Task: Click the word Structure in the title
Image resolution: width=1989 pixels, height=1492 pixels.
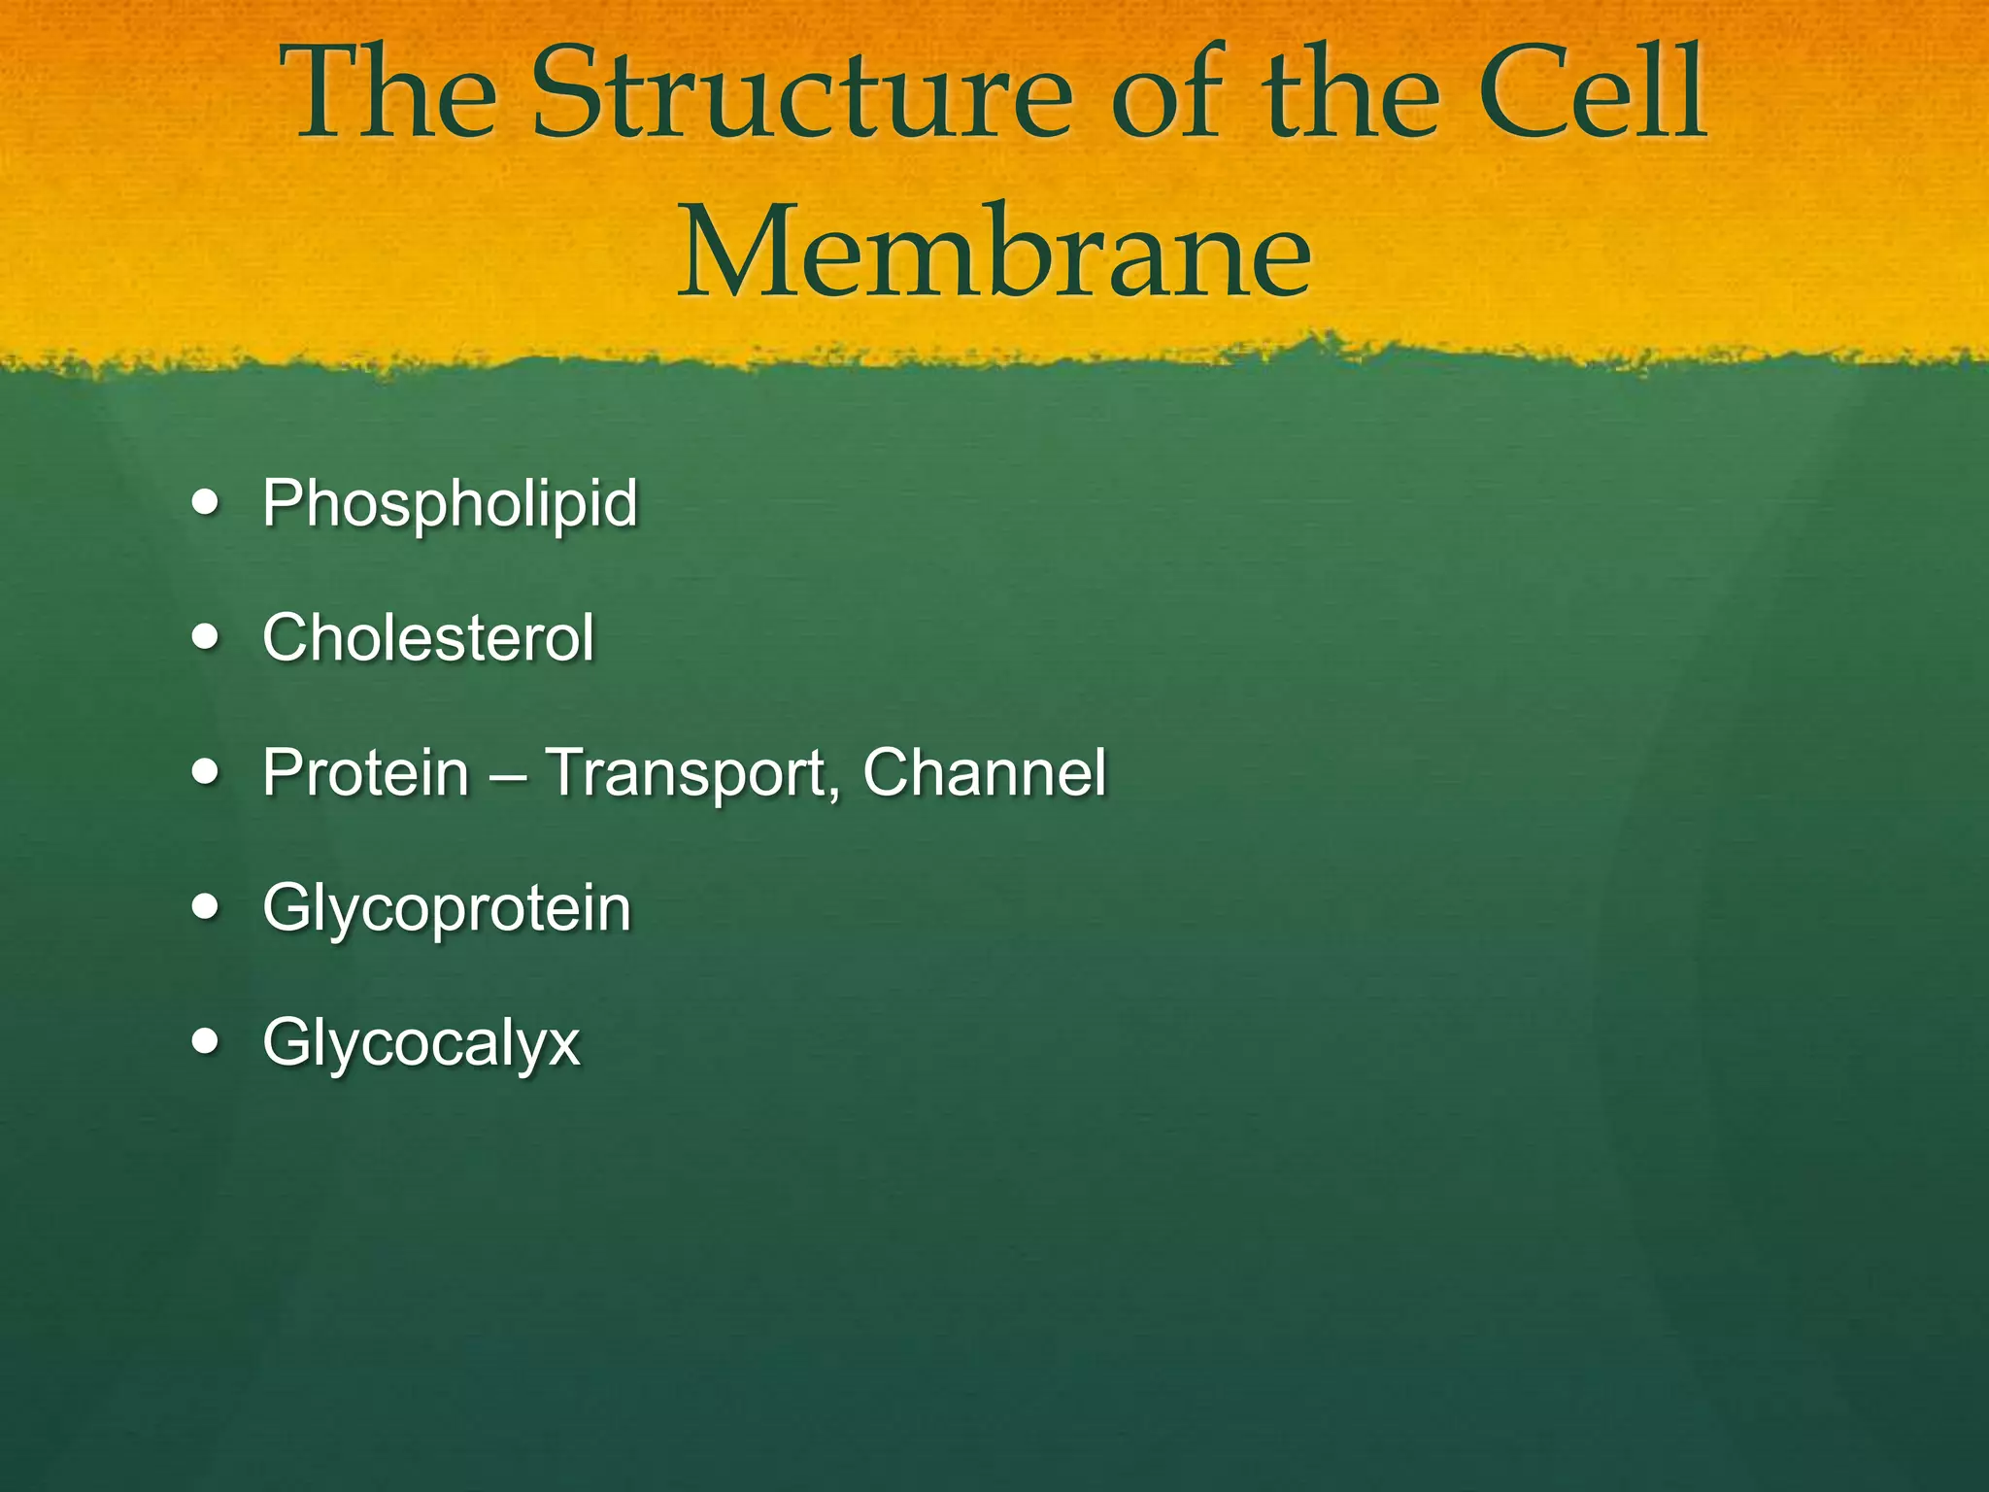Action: coord(802,97)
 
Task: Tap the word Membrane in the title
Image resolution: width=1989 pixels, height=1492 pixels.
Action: coord(994,255)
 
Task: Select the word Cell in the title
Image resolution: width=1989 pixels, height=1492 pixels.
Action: coord(1594,97)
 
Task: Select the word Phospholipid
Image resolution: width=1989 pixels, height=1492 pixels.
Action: coord(450,504)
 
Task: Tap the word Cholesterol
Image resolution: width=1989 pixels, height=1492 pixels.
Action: coord(428,638)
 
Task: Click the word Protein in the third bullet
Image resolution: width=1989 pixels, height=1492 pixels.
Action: coord(366,773)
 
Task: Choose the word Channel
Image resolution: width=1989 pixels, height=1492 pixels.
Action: coord(984,773)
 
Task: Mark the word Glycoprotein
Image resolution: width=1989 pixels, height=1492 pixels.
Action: coord(447,910)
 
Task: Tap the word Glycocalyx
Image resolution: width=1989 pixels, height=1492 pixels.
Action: coord(421,1044)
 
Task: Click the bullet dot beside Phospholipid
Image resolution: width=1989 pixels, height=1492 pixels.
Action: coord(206,504)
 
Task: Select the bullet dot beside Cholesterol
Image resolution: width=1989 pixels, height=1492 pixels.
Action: coord(206,639)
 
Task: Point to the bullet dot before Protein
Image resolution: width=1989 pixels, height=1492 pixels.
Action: coord(206,773)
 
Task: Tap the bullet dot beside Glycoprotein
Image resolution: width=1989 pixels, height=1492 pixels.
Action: coord(206,908)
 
